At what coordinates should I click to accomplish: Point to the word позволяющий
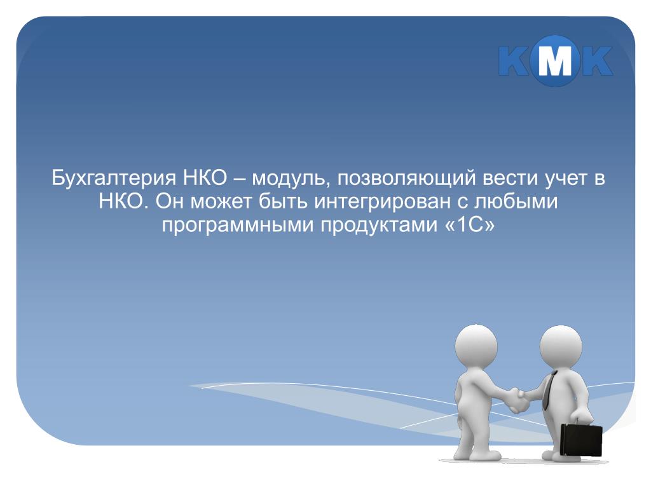click(406, 179)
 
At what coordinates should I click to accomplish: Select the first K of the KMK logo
click(516, 61)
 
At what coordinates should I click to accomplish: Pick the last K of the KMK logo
click(595, 61)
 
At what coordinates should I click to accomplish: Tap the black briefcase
click(581, 439)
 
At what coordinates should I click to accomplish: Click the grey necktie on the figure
click(549, 390)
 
